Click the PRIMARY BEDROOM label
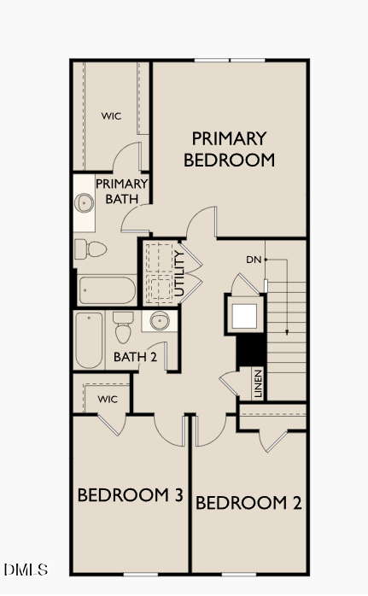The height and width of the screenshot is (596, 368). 229,149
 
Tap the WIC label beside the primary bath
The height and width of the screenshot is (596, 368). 111,115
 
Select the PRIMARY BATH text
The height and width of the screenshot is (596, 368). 121,191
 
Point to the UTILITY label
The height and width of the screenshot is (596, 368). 179,273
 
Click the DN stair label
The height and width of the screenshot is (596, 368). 254,260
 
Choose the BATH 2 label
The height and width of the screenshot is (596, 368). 135,357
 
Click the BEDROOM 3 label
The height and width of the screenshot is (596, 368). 131,495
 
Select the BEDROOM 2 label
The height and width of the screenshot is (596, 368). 248,503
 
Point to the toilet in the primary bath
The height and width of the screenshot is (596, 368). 90,249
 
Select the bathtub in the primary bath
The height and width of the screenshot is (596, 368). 107,290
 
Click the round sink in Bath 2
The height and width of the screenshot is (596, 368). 159,322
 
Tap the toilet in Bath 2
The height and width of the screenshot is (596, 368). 123,330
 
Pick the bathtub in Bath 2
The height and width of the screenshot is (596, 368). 89,339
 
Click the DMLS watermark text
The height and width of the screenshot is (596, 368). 26,569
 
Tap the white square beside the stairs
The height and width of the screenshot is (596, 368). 244,315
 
